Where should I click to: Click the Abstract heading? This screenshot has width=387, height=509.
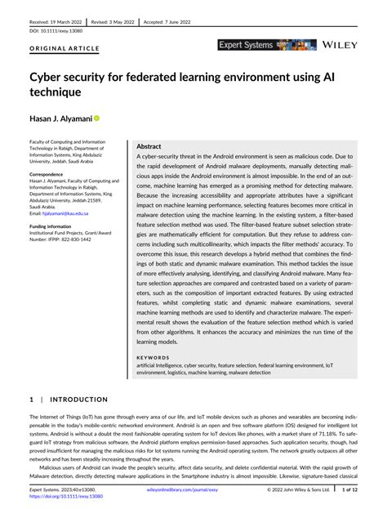click(153, 145)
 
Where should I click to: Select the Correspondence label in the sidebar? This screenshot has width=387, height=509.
click(48, 175)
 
